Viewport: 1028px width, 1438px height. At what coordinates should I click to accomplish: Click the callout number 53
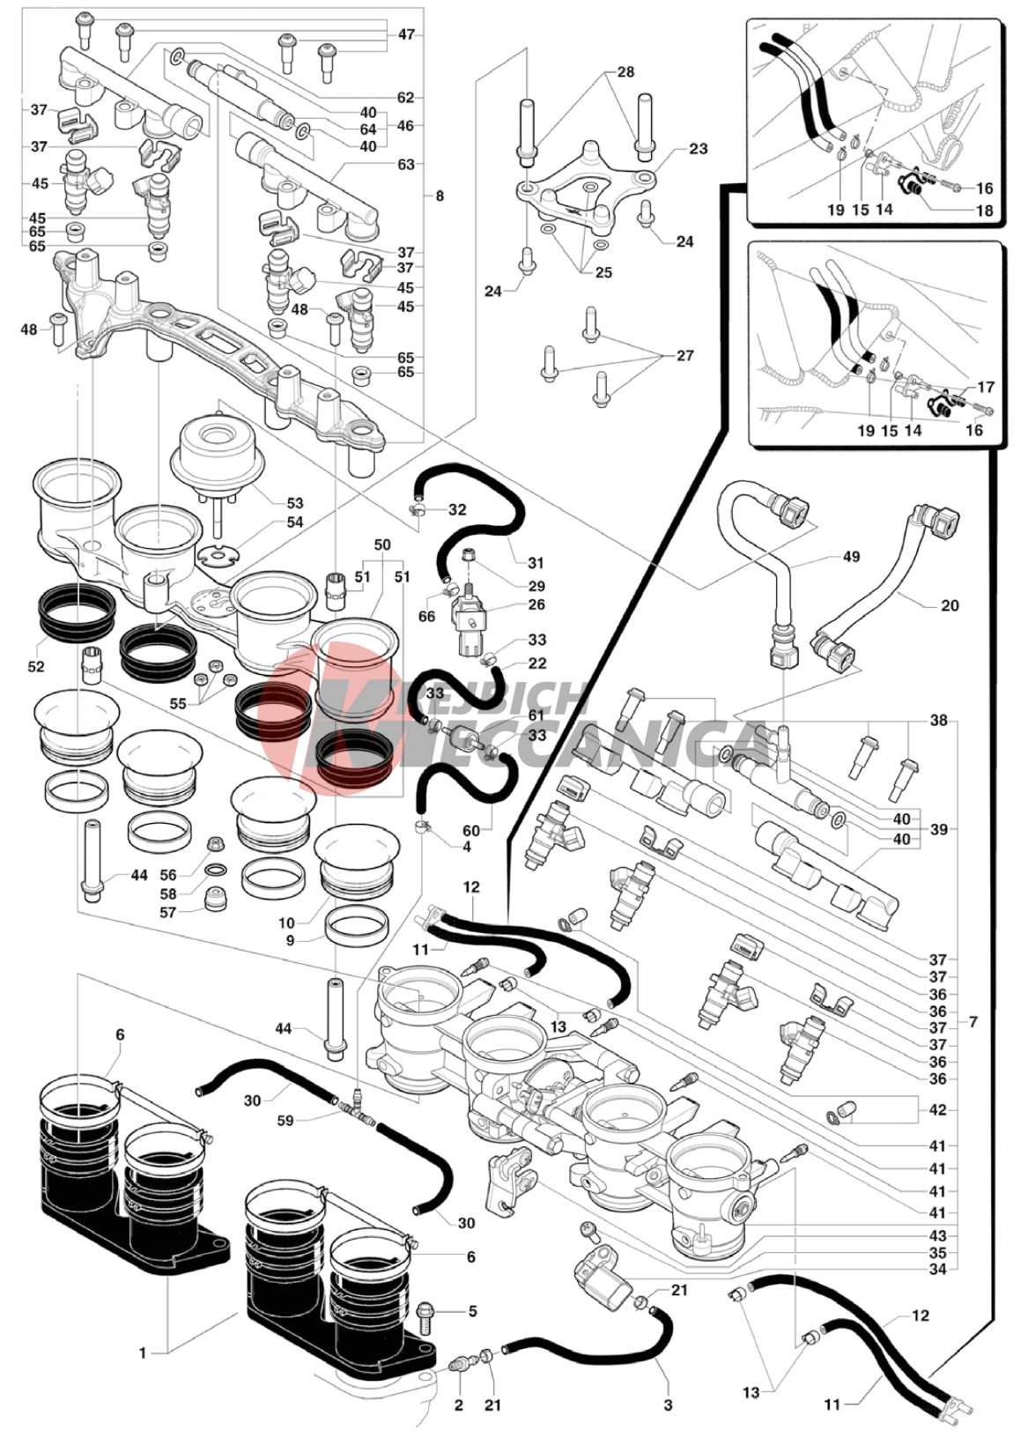[294, 503]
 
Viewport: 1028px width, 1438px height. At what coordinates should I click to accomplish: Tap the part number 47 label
[406, 35]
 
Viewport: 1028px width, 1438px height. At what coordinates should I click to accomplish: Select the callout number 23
[698, 149]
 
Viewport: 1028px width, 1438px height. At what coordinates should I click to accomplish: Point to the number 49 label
[850, 557]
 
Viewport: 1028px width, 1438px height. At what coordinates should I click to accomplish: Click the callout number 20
[949, 605]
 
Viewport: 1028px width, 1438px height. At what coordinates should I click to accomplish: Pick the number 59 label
[285, 1121]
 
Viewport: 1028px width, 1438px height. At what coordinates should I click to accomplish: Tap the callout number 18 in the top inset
[984, 211]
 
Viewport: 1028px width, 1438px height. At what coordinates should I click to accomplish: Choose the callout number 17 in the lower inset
[986, 387]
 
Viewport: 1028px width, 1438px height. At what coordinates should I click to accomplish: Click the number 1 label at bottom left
[143, 1353]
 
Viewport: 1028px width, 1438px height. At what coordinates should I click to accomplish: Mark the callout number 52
[35, 666]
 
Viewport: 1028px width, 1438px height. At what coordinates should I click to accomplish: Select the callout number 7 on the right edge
[973, 1022]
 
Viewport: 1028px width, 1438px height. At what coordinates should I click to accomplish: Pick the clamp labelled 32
[418, 508]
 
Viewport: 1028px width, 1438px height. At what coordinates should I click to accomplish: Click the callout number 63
[405, 165]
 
